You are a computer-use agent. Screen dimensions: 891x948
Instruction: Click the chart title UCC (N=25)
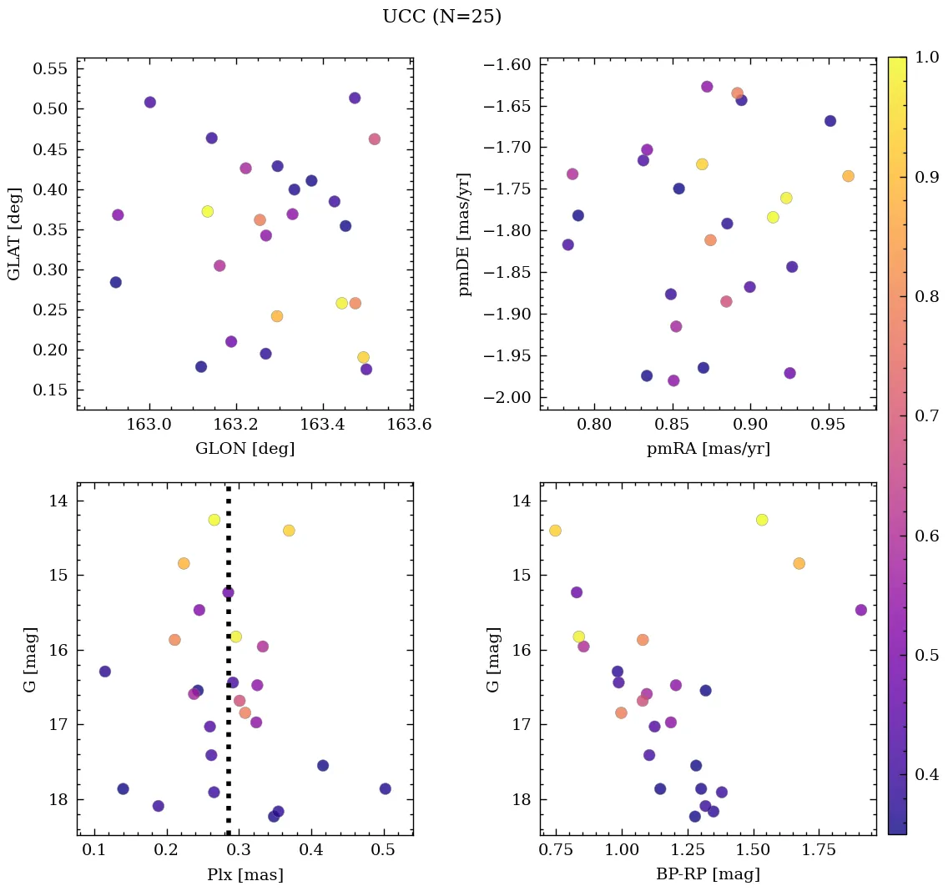click(x=441, y=17)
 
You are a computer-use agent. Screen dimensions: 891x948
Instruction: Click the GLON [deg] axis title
click(x=245, y=449)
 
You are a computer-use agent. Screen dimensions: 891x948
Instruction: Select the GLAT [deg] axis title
click(x=14, y=234)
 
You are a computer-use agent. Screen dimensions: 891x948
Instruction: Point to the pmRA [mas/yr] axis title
click(x=708, y=449)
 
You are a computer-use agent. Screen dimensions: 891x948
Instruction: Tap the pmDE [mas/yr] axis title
click(x=465, y=234)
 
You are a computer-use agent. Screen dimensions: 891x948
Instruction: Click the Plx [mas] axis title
click(x=245, y=874)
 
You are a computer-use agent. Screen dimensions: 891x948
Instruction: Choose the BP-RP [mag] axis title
click(x=708, y=874)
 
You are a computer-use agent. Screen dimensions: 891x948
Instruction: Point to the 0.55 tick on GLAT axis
click(x=50, y=68)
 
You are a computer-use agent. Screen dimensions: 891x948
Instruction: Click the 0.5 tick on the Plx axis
click(x=384, y=851)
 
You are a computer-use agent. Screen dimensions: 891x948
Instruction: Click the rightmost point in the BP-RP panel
click(x=861, y=610)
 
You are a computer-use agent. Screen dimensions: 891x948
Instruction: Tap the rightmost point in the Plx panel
click(x=385, y=788)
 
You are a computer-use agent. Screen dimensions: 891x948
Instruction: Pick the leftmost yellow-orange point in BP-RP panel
click(x=555, y=531)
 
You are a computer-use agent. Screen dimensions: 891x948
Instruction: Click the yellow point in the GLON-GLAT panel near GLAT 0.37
click(x=207, y=212)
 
